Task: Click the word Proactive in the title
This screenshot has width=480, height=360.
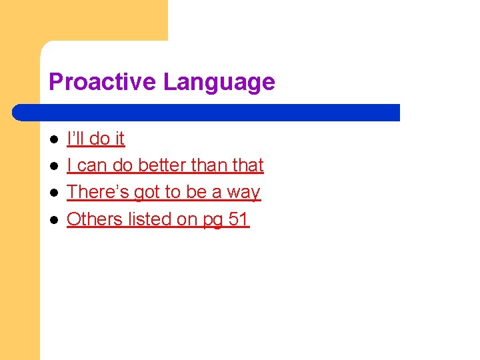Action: tap(103, 82)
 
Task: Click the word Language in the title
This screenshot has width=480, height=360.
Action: tap(219, 82)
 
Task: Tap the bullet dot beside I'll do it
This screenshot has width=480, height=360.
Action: tap(54, 139)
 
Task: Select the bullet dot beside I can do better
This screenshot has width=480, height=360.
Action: tap(54, 166)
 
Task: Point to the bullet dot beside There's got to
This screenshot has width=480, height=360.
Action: tap(54, 193)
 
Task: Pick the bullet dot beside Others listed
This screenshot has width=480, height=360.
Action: tap(54, 219)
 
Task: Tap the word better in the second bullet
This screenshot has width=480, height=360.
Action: tap(162, 165)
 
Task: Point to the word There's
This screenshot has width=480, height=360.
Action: tap(98, 192)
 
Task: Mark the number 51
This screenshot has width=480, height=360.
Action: tap(239, 219)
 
